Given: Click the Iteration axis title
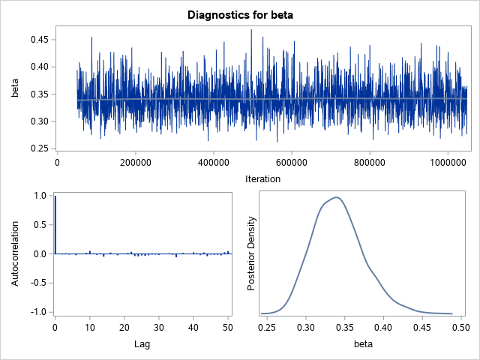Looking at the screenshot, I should click(262, 178).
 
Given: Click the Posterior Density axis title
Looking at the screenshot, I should click(252, 253).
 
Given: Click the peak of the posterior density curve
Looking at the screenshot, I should click(337, 197).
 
